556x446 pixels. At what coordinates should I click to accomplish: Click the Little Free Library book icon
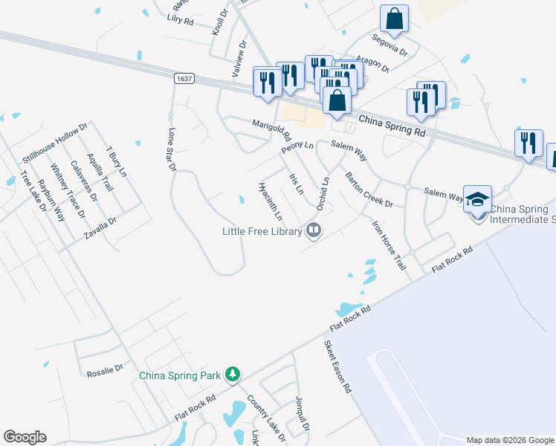point(314,231)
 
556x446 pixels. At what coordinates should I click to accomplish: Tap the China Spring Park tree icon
point(233,373)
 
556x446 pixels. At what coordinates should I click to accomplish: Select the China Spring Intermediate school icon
point(477,200)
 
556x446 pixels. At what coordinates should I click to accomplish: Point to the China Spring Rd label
point(391,125)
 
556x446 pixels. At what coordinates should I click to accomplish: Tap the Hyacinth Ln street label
point(270,201)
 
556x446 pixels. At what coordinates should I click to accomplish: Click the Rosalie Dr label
point(104,375)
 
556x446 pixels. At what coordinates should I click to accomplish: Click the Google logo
point(25,437)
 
